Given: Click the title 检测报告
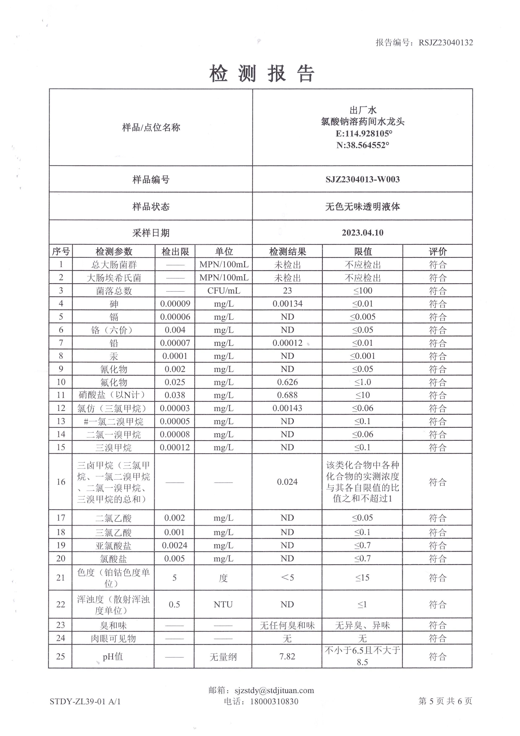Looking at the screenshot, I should pyautogui.click(x=262, y=73).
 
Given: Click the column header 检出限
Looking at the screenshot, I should pyautogui.click(x=175, y=252).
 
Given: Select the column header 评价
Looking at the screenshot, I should pyautogui.click(x=437, y=252).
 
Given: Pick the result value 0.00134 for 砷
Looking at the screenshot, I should pyautogui.click(x=287, y=304).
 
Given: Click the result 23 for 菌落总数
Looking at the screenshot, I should pyautogui.click(x=287, y=291).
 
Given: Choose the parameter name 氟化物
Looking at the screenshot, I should pyautogui.click(x=114, y=382).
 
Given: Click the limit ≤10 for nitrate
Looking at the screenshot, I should pyautogui.click(x=362, y=395).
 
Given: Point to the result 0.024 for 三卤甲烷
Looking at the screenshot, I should pyautogui.click(x=287, y=482).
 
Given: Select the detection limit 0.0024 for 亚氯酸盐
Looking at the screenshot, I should pyautogui.click(x=175, y=545).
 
